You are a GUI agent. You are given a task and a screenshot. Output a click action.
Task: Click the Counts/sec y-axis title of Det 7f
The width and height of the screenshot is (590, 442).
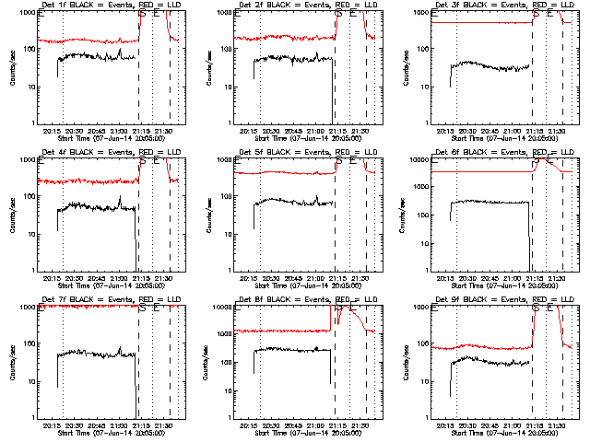[12, 361]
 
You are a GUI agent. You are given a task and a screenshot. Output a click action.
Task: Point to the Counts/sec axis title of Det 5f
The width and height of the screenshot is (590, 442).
[209, 214]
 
